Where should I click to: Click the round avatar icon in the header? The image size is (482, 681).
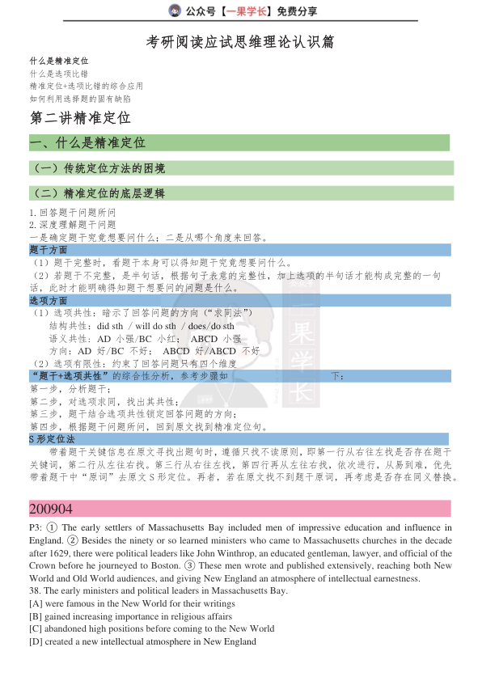pyautogui.click(x=175, y=11)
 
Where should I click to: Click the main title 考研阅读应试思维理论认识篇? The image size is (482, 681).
pyautogui.click(x=241, y=41)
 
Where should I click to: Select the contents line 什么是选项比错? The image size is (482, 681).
pyautogui.click(x=59, y=73)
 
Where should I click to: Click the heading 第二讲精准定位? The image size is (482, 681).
pyautogui.click(x=79, y=117)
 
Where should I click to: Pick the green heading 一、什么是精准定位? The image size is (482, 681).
pyautogui.click(x=87, y=142)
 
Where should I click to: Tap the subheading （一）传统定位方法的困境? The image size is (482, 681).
pyautogui.click(x=98, y=168)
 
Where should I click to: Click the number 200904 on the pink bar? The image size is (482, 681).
pyautogui.click(x=51, y=509)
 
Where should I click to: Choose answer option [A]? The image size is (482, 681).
pyautogui.click(x=36, y=604)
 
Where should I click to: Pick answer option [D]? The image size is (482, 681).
pyautogui.click(x=36, y=641)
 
